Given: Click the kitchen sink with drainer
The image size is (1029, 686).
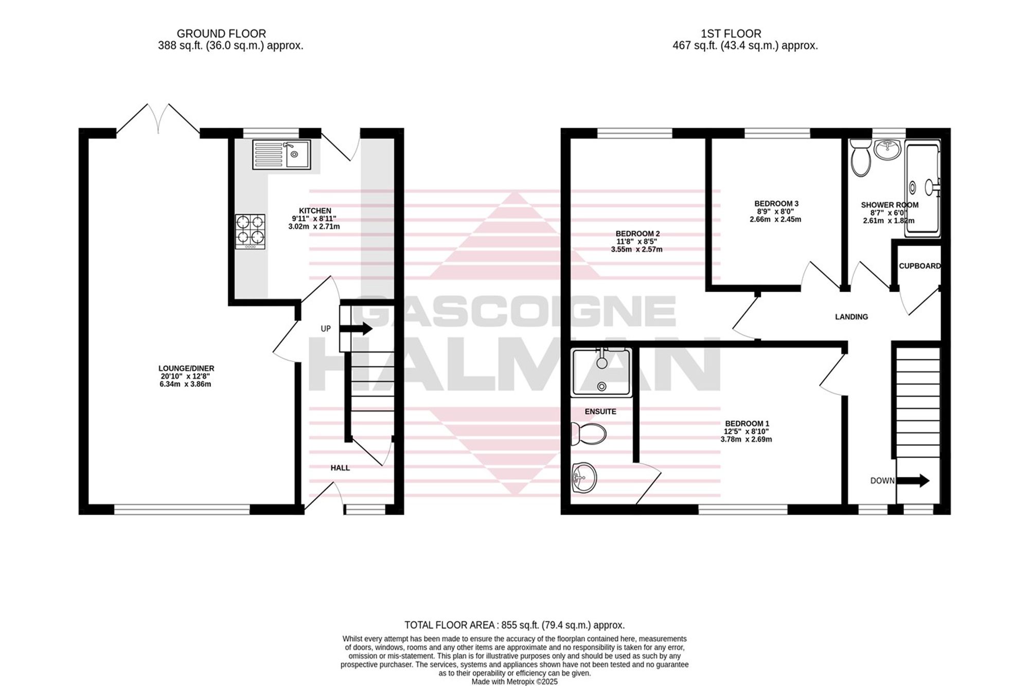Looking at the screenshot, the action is click(x=281, y=154).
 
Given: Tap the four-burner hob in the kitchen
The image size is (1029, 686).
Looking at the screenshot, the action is click(x=251, y=232).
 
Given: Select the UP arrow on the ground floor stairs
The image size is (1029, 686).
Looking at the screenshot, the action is click(x=356, y=328).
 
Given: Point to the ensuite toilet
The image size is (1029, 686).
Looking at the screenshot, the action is click(x=589, y=434).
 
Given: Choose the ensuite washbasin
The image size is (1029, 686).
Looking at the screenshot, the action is click(x=584, y=478).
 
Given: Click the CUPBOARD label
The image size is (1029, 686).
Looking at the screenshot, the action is click(x=919, y=266).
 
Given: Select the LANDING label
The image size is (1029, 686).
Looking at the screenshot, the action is click(x=851, y=317).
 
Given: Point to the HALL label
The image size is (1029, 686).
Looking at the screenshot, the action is click(x=340, y=468).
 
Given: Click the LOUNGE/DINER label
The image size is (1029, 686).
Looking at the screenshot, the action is click(x=186, y=368).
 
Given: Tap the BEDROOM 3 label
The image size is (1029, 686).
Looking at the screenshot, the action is click(x=776, y=204).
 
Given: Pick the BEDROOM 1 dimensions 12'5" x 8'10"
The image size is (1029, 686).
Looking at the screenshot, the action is click(x=747, y=432).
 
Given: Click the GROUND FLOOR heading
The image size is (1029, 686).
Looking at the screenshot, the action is click(x=221, y=34).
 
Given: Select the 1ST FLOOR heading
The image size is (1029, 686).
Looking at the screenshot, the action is click(x=731, y=34).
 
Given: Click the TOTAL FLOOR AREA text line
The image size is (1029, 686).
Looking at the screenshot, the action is click(x=514, y=625).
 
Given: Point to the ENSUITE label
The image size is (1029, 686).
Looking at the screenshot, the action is click(x=600, y=412).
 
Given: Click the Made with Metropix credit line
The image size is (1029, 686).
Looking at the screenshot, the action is click(x=514, y=681).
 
